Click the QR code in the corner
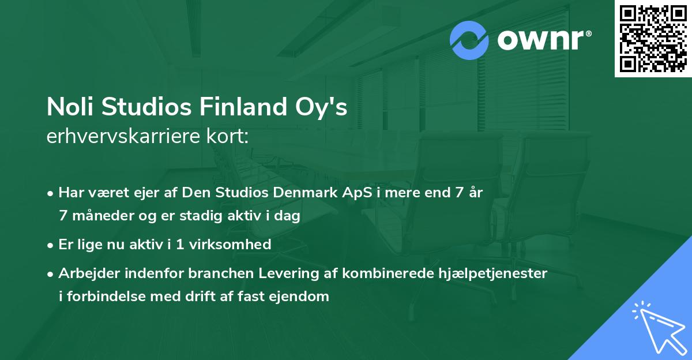click(653, 38)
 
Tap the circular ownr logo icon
click(469, 40)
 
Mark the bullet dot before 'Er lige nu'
click(51, 245)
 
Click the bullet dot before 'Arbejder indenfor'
click(51, 273)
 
